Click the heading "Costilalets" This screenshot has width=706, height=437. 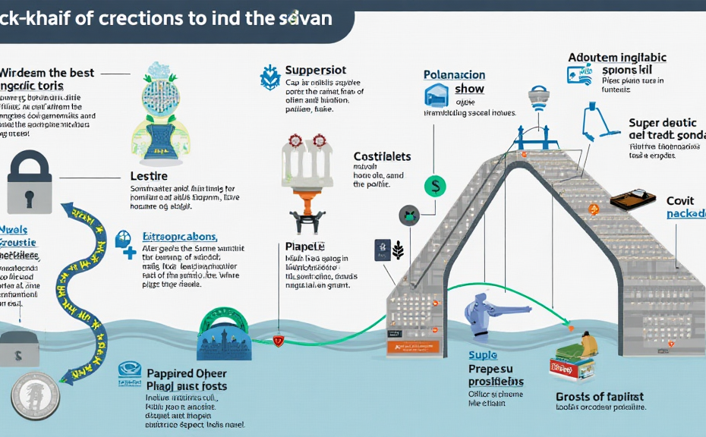382,156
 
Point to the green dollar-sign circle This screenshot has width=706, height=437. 435,186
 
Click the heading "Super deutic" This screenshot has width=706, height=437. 661,124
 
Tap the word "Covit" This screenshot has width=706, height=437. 680,201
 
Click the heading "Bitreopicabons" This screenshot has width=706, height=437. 180,237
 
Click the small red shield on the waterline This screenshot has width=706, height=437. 278,341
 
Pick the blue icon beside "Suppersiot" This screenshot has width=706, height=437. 269,77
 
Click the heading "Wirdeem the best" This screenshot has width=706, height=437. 47,73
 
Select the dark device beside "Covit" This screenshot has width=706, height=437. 632,200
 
